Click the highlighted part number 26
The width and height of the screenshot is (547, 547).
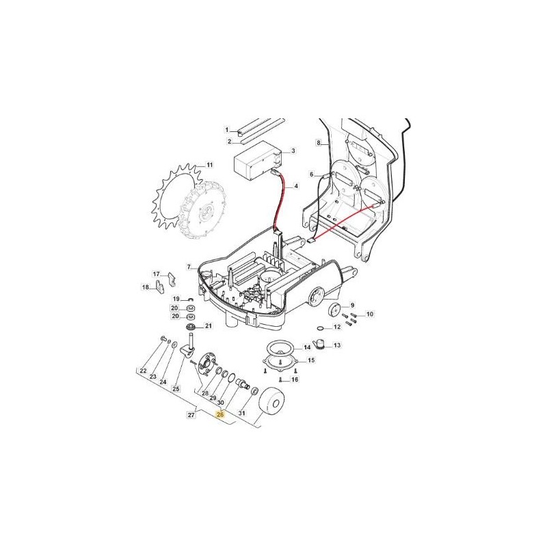[x=220, y=415]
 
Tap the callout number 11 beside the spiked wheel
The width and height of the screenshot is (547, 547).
[x=209, y=165]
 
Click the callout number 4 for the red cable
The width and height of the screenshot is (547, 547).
[x=296, y=186]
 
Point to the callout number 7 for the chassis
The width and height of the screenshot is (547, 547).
[x=189, y=267]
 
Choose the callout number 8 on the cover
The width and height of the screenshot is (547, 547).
[x=319, y=142]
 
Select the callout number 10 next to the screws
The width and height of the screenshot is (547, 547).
[x=370, y=314]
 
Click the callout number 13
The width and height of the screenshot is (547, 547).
[x=337, y=345]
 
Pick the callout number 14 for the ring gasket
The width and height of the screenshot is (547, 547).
[x=307, y=347]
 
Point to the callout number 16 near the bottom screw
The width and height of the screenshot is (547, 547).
[x=295, y=379]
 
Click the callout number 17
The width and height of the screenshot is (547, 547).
[x=157, y=274]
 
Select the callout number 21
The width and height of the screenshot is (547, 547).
[x=209, y=326]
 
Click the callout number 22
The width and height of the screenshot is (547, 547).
[x=143, y=371]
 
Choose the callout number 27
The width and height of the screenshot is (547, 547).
[x=191, y=415]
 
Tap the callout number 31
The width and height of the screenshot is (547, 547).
[x=242, y=413]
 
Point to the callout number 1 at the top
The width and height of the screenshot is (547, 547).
[x=227, y=130]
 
